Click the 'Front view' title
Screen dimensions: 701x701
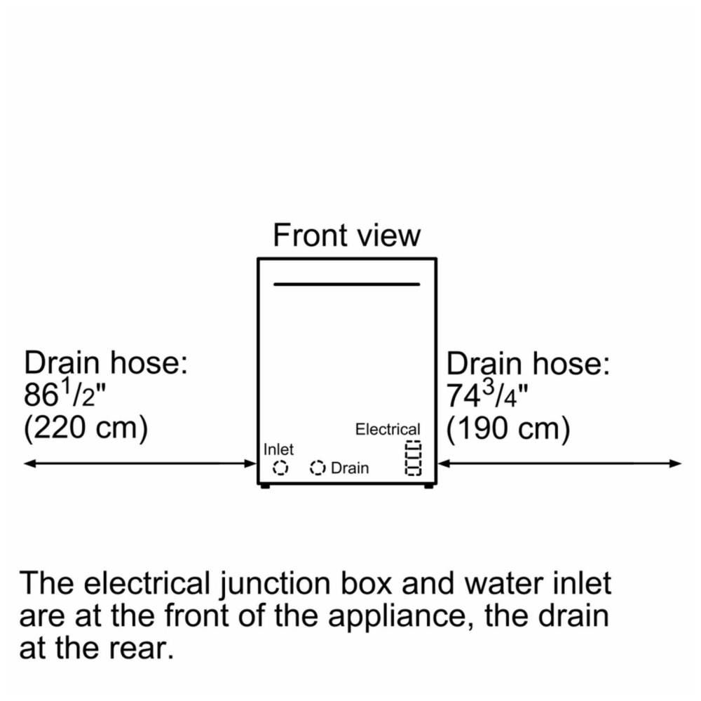[x=346, y=235]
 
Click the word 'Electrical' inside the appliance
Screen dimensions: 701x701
[x=388, y=429]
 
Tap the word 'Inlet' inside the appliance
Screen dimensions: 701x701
[x=278, y=449]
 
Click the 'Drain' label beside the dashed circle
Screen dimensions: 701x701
[x=350, y=468]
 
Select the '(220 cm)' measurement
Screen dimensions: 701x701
[x=86, y=428]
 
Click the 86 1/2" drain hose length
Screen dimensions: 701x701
[x=65, y=393]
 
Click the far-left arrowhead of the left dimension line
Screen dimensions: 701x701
[x=24, y=463]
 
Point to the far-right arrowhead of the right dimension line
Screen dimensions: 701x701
[x=681, y=463]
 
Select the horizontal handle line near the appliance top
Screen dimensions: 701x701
[x=346, y=284]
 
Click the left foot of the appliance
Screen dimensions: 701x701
[x=265, y=486]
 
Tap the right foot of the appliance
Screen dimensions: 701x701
[x=428, y=486]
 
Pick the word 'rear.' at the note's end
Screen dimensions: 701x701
[x=144, y=649]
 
